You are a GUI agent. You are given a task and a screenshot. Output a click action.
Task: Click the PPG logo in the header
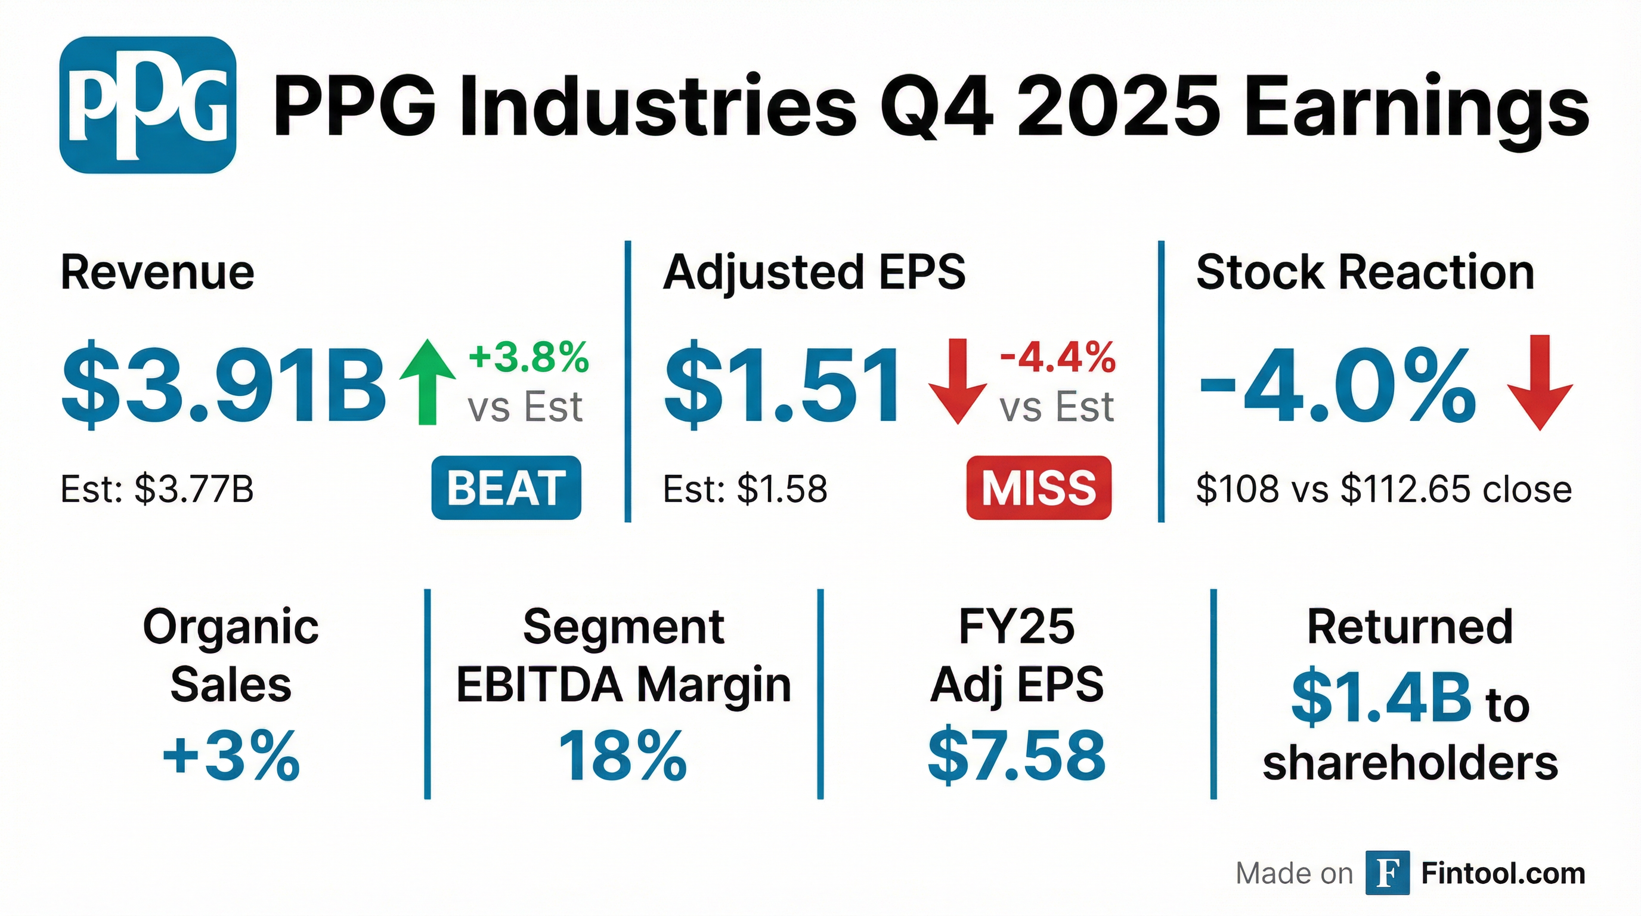pos(148,105)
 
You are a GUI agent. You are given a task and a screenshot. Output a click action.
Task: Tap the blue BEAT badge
pos(506,488)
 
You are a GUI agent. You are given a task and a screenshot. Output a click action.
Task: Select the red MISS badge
pos(1039,488)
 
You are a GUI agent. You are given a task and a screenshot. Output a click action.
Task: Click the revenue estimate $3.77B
pos(194,489)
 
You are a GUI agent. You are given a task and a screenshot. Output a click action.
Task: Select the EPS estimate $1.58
pos(782,489)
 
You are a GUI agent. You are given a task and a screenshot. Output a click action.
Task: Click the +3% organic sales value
pos(231,756)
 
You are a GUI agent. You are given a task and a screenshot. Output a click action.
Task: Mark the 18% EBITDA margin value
pos(623,756)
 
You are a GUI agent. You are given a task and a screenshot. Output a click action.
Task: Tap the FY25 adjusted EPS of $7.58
pos(1016,756)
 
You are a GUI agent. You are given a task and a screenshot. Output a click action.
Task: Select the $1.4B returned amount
pos(1381,699)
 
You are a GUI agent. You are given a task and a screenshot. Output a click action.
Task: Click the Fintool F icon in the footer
pos(1388,872)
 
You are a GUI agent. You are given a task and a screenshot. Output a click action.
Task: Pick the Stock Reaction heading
pos(1365,273)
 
